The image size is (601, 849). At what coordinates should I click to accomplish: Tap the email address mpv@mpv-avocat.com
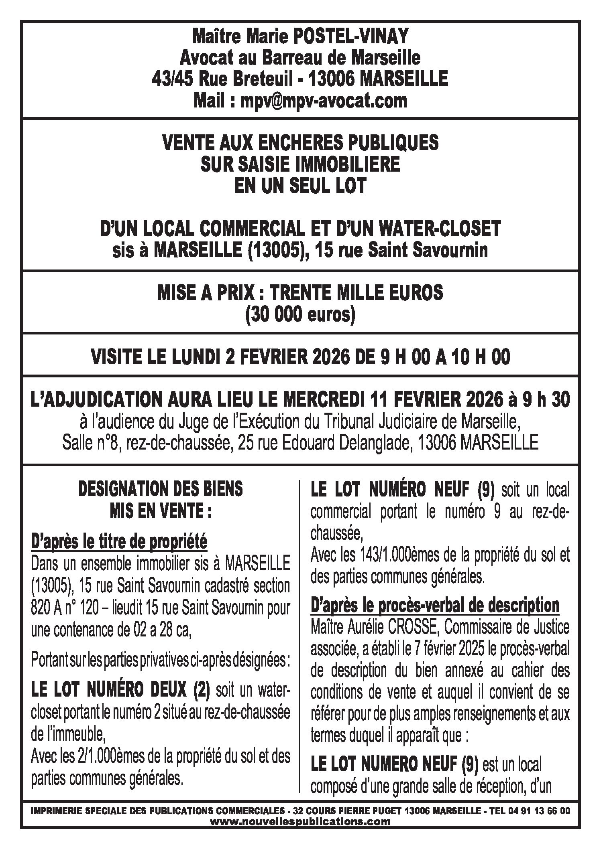[324, 100]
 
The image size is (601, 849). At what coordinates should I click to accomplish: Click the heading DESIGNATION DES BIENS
[160, 489]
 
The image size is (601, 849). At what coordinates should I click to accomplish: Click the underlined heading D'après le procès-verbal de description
[435, 605]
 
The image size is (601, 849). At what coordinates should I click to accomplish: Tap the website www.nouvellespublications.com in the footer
[300, 820]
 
